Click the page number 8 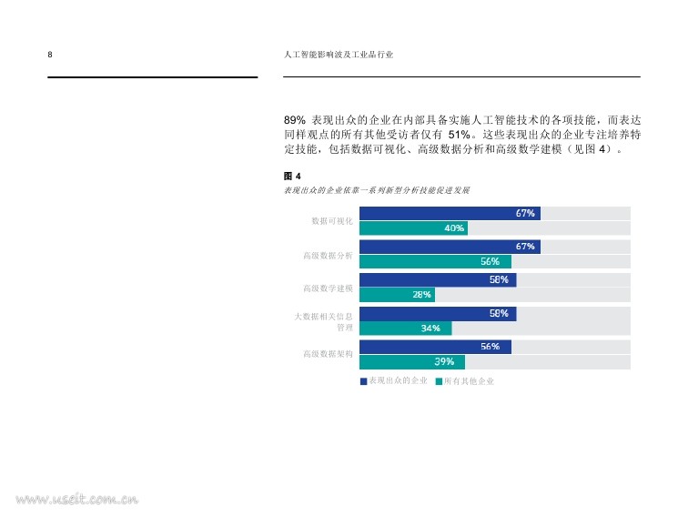50,56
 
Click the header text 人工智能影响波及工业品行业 339,56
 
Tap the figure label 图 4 292,176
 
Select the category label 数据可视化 331,221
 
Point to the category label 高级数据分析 328,255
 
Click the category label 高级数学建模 328,288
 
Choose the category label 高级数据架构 328,354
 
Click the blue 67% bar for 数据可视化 450,213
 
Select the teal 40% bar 413,228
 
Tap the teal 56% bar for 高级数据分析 435,262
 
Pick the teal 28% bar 397,295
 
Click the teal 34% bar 405,329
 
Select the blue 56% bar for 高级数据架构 435,347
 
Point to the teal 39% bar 412,361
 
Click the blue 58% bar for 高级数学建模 438,279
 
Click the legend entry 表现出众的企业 394,381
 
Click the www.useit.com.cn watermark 76,499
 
